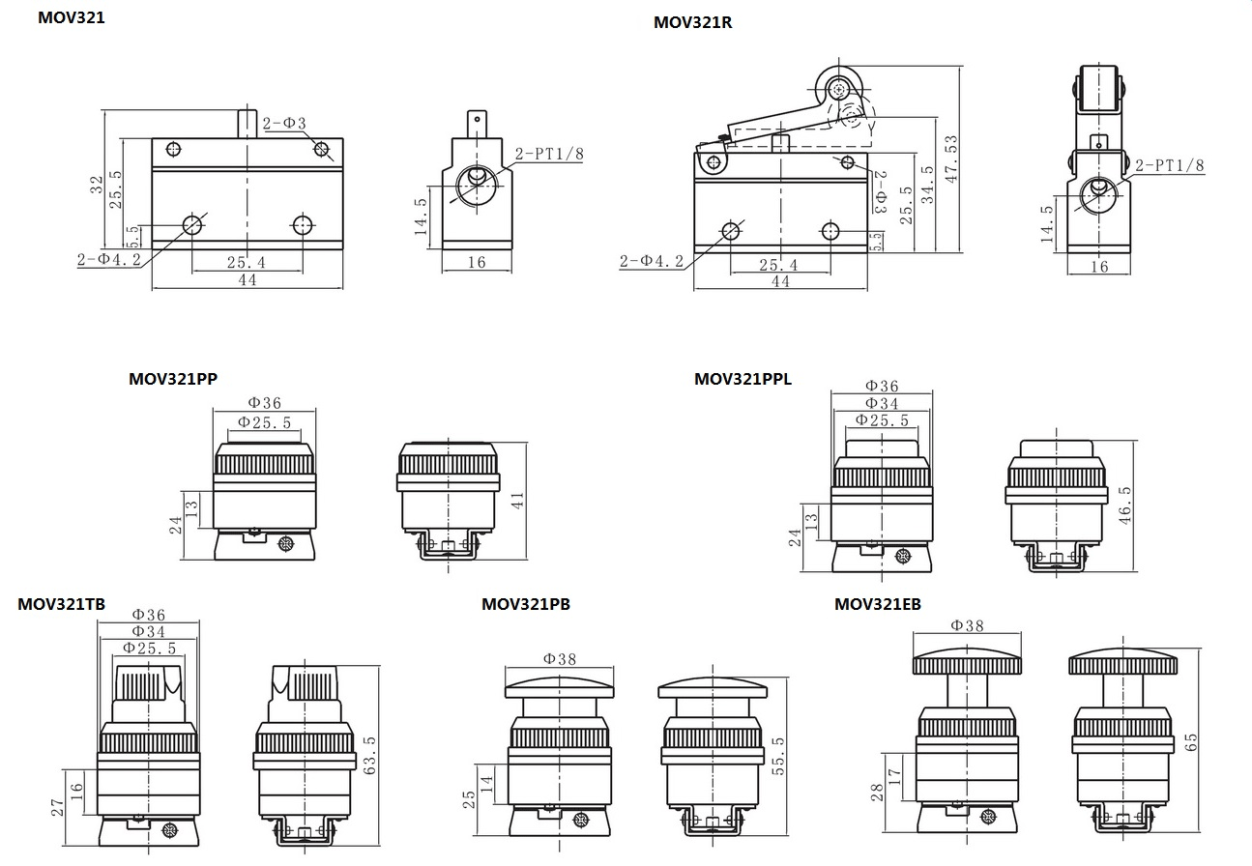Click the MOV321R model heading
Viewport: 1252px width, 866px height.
click(692, 22)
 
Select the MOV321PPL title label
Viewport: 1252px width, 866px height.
click(742, 379)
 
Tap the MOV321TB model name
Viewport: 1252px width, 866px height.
click(61, 604)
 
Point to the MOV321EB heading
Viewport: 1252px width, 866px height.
click(877, 604)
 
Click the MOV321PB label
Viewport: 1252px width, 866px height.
click(525, 604)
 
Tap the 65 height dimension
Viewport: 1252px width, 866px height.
click(1191, 742)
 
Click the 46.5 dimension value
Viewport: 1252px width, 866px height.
click(1124, 504)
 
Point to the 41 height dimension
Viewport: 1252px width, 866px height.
click(517, 500)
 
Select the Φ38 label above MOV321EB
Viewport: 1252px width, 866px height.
click(966, 625)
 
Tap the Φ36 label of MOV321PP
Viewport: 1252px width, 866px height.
click(264, 403)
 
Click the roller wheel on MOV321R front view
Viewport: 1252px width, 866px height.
click(837, 88)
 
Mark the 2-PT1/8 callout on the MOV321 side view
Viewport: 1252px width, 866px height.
click(548, 153)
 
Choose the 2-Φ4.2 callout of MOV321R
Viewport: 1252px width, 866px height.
click(651, 260)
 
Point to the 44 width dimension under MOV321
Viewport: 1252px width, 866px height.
click(247, 279)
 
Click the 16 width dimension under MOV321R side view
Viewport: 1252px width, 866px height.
click(1098, 267)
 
